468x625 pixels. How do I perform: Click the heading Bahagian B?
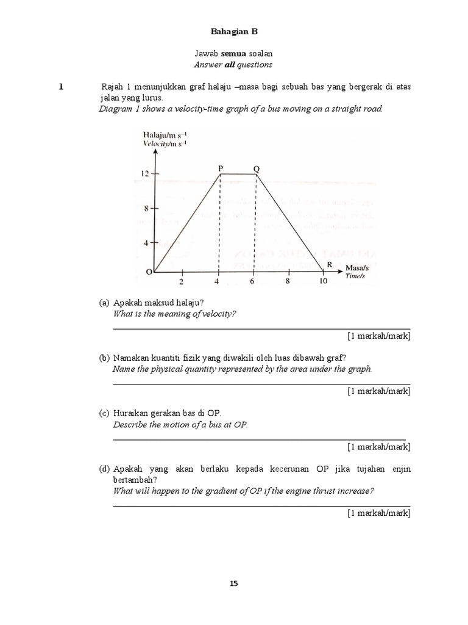click(233, 31)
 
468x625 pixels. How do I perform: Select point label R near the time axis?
click(329, 264)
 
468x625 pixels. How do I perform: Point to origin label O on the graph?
click(148, 273)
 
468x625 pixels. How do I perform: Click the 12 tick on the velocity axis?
click(144, 174)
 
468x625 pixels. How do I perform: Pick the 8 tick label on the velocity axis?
click(146, 208)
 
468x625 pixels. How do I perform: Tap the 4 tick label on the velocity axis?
click(146, 243)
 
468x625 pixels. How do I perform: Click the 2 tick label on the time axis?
click(181, 281)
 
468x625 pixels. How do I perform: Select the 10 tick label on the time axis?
click(323, 281)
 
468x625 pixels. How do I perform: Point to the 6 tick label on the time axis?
click(253, 281)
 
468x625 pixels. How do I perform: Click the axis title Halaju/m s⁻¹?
click(165, 135)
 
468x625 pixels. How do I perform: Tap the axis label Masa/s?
click(357, 268)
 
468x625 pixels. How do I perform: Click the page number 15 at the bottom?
click(233, 583)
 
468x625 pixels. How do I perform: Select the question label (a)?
click(104, 303)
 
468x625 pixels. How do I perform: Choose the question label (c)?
click(104, 413)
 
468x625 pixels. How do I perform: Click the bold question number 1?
click(61, 87)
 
